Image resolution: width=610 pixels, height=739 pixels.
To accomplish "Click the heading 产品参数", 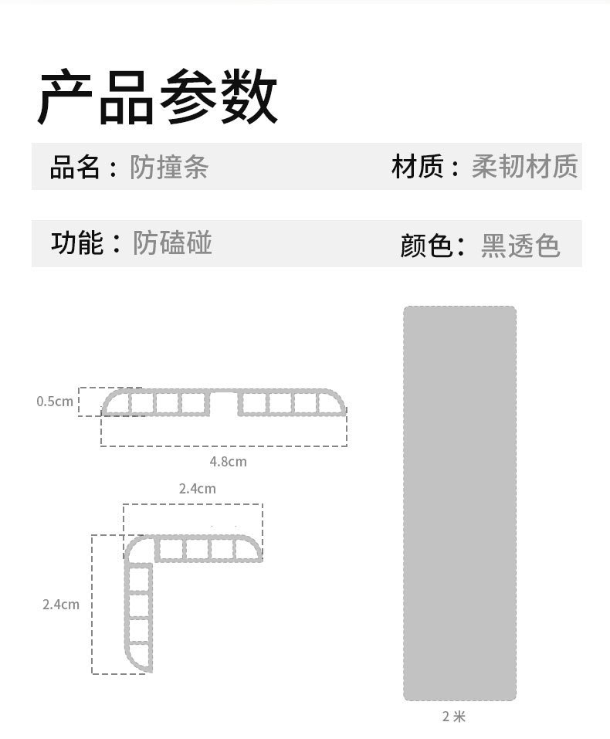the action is [x=158, y=97].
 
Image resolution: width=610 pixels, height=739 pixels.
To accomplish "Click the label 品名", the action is [x=75, y=167].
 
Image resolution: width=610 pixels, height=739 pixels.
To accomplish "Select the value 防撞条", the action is [x=169, y=167].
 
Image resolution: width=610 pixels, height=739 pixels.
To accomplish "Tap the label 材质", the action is [x=417, y=167].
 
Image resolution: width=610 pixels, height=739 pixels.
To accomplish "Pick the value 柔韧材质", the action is [x=524, y=167].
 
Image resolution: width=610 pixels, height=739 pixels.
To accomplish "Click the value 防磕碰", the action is [x=172, y=243].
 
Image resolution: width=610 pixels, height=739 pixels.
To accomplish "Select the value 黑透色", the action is [x=520, y=246].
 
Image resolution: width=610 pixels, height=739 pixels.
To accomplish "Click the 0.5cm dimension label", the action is [x=55, y=402].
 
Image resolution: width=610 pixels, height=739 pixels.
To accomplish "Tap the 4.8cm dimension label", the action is [x=228, y=462].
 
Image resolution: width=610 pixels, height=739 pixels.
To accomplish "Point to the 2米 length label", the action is [x=454, y=717].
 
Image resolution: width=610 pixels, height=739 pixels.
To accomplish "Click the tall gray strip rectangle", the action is [x=459, y=503].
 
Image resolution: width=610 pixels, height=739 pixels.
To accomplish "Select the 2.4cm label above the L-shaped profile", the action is [x=197, y=488].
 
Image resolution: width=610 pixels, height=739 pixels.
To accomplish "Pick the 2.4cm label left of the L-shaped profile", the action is [x=61, y=605].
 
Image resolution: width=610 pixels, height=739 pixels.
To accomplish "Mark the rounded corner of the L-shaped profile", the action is [x=137, y=547].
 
